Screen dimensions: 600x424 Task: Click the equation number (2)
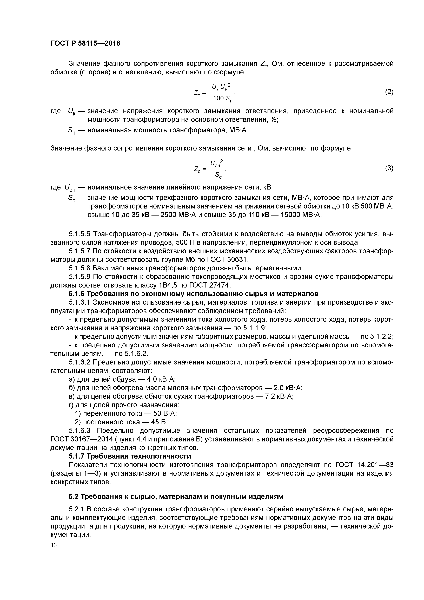click(x=389, y=92)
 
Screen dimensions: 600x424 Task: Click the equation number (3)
click(x=389, y=168)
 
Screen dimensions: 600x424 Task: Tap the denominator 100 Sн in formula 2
click(x=223, y=99)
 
